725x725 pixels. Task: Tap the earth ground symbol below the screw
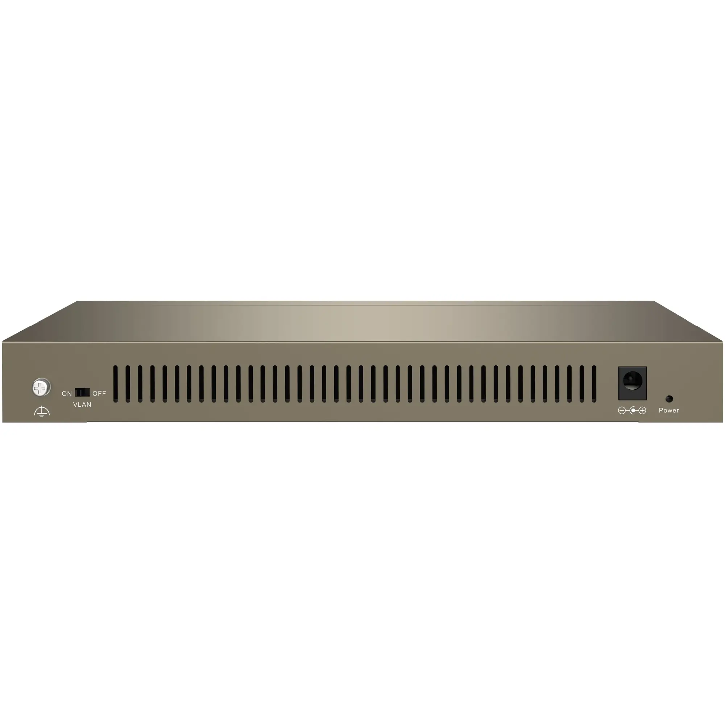coord(42,412)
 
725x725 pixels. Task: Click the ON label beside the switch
coord(67,394)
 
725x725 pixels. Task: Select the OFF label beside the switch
coord(99,394)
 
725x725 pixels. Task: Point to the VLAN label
coord(82,405)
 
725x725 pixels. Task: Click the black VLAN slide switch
coord(82,393)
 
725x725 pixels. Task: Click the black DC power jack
coord(632,384)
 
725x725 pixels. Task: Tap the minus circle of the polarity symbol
coord(622,411)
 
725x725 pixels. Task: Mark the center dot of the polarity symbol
coord(633,411)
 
